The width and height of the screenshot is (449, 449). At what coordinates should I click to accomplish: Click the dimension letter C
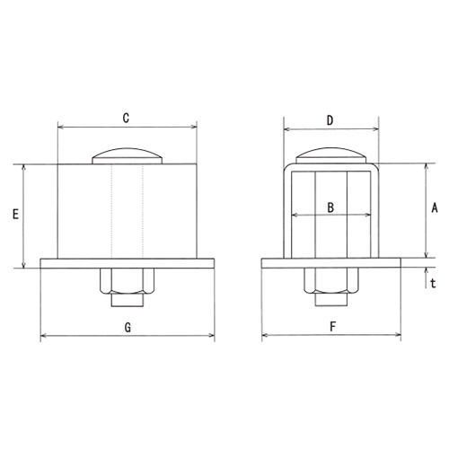point(126,118)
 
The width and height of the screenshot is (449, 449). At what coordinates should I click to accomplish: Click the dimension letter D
point(330,120)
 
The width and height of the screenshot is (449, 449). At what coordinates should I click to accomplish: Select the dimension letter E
point(15,215)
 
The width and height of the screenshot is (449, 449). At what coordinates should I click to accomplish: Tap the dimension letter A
point(435,207)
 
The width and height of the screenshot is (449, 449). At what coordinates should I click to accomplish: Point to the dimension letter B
point(330,207)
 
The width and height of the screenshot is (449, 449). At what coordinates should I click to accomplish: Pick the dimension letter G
point(128,328)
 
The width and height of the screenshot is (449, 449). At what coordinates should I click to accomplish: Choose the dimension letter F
point(332,327)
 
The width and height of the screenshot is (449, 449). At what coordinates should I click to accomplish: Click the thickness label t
point(433,283)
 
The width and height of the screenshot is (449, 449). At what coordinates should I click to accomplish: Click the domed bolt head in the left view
point(128,155)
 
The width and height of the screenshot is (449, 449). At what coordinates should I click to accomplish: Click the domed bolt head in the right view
point(331,155)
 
